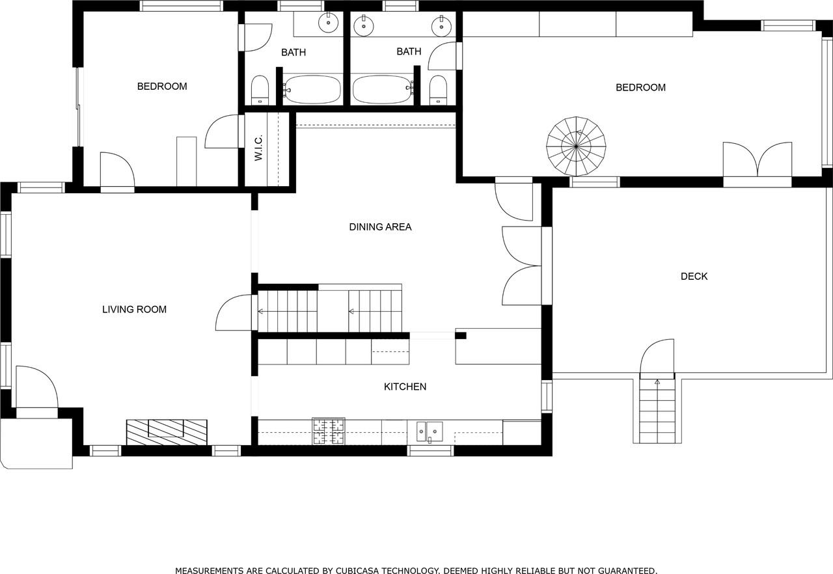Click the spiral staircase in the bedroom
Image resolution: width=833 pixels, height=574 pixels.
pyautogui.click(x=577, y=146)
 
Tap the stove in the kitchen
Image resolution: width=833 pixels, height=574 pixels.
pyautogui.click(x=329, y=431)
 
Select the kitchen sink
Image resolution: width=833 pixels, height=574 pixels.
pyautogui.click(x=430, y=431)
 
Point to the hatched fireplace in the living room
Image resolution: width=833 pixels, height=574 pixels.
pyautogui.click(x=167, y=432)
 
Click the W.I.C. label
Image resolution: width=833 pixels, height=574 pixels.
pyautogui.click(x=258, y=148)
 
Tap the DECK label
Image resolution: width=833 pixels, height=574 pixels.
pyautogui.click(x=694, y=277)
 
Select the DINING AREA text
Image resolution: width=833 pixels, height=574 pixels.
pyautogui.click(x=380, y=227)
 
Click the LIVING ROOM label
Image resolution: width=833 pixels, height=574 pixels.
pyautogui.click(x=134, y=310)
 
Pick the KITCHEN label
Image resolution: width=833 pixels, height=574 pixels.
pyautogui.click(x=405, y=387)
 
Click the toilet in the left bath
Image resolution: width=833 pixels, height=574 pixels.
pyautogui.click(x=260, y=90)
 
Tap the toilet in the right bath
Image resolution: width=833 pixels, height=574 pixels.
pyautogui.click(x=439, y=90)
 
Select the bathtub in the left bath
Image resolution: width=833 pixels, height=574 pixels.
pyautogui.click(x=312, y=89)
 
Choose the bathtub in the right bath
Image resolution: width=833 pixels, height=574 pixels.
pyautogui.click(x=382, y=89)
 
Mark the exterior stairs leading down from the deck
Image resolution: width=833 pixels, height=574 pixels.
pyautogui.click(x=657, y=410)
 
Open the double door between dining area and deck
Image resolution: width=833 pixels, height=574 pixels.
pyautogui.click(x=523, y=266)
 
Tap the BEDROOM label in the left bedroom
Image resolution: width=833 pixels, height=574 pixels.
pyautogui.click(x=162, y=87)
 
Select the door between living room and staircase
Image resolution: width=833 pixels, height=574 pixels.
pyautogui.click(x=234, y=313)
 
